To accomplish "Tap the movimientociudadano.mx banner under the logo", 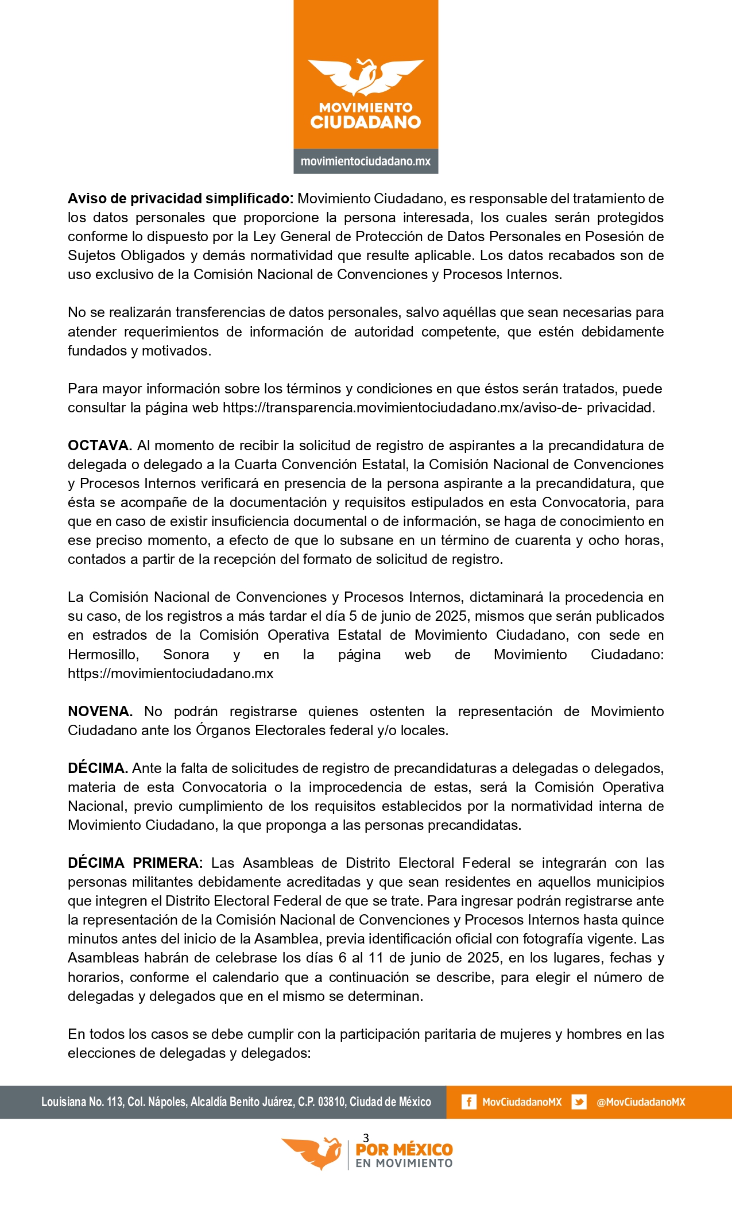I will [x=366, y=161].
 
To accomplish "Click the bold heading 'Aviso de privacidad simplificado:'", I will [x=180, y=199].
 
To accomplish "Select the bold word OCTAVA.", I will [x=100, y=446].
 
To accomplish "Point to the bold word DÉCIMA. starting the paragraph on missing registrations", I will [x=98, y=768].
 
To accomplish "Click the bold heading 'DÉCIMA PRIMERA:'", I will [x=135, y=863].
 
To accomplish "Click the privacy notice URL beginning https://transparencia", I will [x=439, y=408].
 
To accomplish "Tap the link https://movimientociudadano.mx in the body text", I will [x=171, y=674].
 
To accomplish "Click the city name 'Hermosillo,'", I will [x=103, y=655].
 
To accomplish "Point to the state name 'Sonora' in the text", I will [x=186, y=655].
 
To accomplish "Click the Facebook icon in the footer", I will [x=468, y=1102].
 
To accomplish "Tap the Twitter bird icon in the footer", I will [x=579, y=1102].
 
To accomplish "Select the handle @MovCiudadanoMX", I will [x=641, y=1102].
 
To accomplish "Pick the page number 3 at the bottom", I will [x=366, y=1138].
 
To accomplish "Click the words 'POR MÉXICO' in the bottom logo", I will [x=404, y=1150].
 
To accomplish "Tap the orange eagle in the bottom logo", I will [x=312, y=1153].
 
